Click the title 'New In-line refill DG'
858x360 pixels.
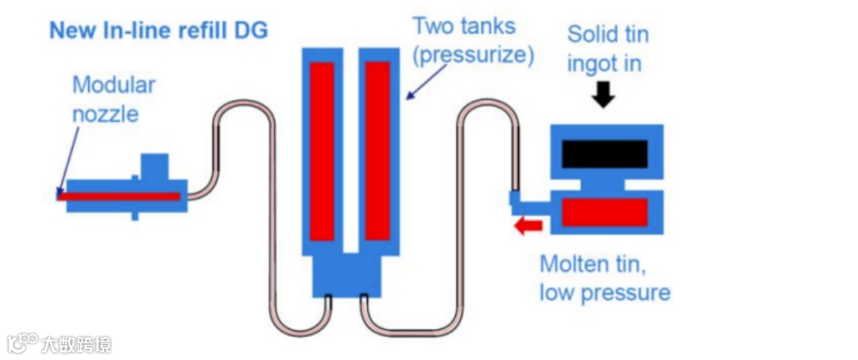click(x=158, y=31)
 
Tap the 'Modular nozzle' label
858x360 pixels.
click(x=114, y=99)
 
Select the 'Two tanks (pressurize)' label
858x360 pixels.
click(x=472, y=41)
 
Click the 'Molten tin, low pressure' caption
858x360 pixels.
click(x=605, y=278)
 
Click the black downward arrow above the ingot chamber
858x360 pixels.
click(x=605, y=96)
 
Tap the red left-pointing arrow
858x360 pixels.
click(x=528, y=226)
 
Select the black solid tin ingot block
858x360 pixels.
click(x=605, y=153)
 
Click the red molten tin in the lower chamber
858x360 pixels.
click(x=605, y=212)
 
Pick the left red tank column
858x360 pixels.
click(x=322, y=150)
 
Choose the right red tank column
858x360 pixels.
click(x=377, y=150)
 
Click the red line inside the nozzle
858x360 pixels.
click(x=119, y=195)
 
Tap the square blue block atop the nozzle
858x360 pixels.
click(x=153, y=167)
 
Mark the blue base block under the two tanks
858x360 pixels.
click(x=346, y=275)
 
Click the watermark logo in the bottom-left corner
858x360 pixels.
click(x=23, y=343)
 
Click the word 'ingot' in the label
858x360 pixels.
click(x=592, y=64)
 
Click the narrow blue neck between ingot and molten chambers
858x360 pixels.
click(x=604, y=184)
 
